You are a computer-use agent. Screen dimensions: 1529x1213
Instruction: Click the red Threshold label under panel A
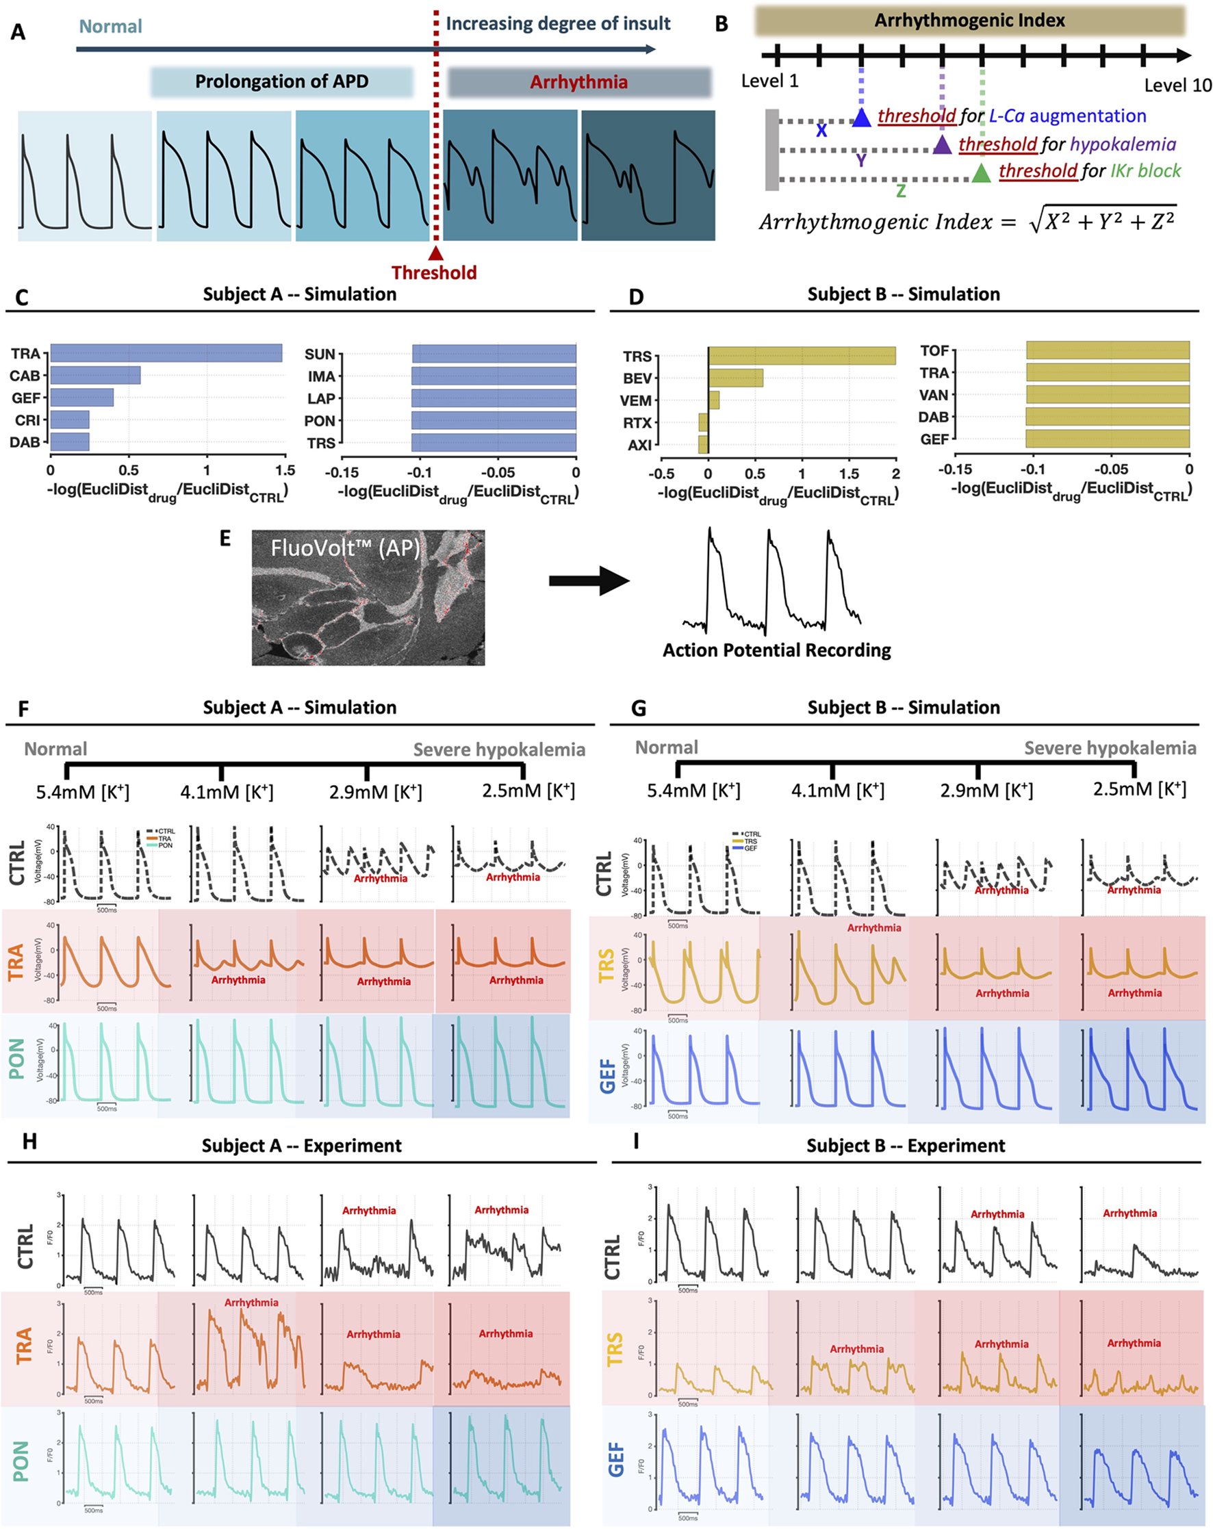[433, 272]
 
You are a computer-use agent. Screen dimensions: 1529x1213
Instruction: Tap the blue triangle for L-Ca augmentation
[861, 118]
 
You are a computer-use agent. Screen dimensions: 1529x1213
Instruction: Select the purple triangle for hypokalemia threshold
[941, 145]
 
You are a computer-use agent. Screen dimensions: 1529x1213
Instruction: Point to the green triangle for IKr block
[981, 173]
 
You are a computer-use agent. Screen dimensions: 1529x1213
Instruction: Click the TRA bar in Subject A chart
[165, 353]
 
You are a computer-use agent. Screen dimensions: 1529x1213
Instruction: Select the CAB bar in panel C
[95, 375]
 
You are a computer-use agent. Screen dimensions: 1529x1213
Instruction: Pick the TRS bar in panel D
[802, 355]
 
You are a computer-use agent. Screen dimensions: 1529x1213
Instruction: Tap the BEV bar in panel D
[736, 378]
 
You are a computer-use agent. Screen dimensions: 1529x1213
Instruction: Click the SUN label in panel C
[319, 355]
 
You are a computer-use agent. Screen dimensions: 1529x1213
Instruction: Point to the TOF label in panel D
[934, 351]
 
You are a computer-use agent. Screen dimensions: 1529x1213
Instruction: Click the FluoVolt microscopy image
[368, 597]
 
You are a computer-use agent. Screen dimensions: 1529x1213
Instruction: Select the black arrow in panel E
[589, 581]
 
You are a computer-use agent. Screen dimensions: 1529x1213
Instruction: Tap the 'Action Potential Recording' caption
[776, 650]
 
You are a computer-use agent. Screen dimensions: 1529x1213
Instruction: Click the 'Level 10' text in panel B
[1177, 86]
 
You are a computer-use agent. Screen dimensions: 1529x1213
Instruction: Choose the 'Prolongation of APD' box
[281, 81]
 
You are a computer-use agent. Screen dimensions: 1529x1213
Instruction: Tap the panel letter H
[30, 1141]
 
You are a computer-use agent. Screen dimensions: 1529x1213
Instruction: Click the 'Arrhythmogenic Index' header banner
[969, 21]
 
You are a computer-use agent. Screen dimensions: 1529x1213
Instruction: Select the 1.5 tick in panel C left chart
[285, 470]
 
